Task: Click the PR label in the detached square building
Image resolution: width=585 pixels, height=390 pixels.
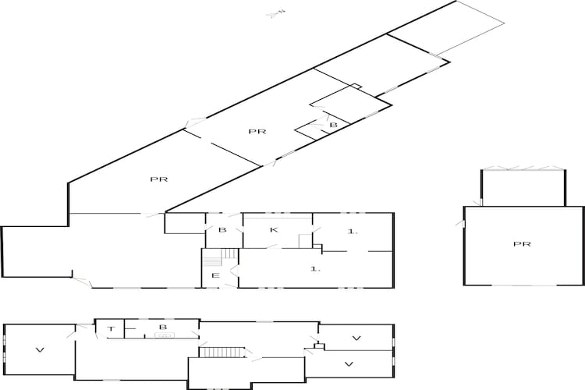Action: (x=522, y=244)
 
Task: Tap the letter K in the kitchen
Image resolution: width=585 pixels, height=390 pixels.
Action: (x=274, y=229)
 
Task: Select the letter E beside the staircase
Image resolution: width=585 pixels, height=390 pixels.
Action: (x=215, y=276)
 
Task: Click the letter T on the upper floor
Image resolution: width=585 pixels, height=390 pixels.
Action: (x=111, y=329)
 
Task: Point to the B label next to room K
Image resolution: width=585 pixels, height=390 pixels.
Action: (x=222, y=229)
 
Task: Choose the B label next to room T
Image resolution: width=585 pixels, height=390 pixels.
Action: (x=163, y=328)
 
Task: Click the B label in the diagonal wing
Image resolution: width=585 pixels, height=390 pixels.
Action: (x=333, y=125)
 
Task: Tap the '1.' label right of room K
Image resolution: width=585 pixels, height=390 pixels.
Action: (x=353, y=232)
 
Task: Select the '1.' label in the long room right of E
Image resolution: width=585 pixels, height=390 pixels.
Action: (x=316, y=268)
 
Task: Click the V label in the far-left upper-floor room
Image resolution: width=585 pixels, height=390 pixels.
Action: (x=40, y=350)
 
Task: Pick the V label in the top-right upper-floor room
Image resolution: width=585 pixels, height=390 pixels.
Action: (x=356, y=339)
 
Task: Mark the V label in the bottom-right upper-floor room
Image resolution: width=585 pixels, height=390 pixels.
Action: (x=349, y=364)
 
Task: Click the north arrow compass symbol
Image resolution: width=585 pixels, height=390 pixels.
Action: (x=276, y=14)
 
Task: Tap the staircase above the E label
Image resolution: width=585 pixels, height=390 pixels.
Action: (x=220, y=257)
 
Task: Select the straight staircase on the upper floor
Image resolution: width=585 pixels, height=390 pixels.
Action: (x=222, y=353)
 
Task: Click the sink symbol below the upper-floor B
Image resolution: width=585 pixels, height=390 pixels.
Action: (x=165, y=335)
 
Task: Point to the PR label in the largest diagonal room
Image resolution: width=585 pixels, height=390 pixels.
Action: (x=159, y=179)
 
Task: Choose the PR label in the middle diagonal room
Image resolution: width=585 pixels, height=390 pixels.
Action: (x=257, y=131)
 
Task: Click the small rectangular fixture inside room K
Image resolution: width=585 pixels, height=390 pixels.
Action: (x=305, y=241)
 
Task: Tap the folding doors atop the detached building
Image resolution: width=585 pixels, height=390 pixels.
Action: (x=523, y=168)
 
